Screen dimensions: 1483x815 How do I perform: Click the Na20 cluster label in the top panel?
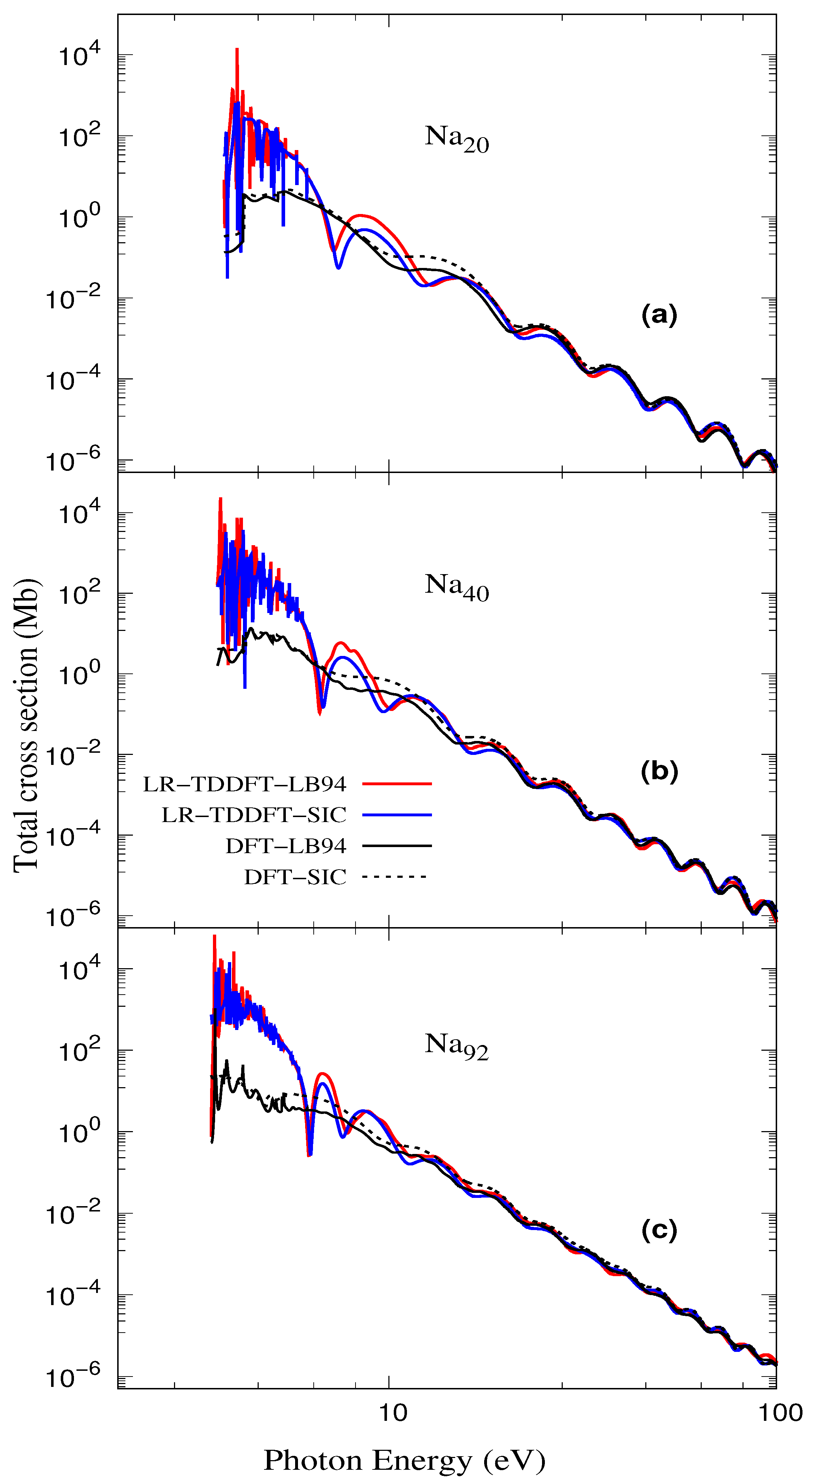pyautogui.click(x=456, y=139)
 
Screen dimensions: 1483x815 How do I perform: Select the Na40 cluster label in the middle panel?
pyautogui.click(x=456, y=587)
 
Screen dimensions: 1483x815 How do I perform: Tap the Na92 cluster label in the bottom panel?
pyautogui.click(x=456, y=1045)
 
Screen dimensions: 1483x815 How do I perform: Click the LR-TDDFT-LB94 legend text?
pyautogui.click(x=245, y=784)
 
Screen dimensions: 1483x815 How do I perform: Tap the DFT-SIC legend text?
pyautogui.click(x=295, y=877)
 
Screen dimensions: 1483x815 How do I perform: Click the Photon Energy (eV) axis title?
pyautogui.click(x=404, y=1460)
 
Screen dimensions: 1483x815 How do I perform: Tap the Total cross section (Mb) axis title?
pyautogui.click(x=26, y=725)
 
